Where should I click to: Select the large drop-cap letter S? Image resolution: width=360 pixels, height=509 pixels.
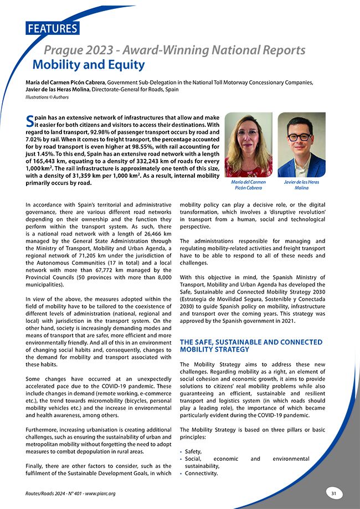pos(30,121)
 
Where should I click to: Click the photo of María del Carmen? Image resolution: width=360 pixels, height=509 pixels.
pos(248,145)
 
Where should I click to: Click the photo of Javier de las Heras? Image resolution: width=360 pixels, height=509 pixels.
pos(301,145)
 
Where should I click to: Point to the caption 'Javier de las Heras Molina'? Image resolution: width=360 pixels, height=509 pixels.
pos(301,185)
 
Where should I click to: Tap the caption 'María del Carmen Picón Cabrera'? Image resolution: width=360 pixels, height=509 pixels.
pos(248,185)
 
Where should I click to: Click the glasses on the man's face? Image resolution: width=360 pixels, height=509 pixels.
pos(300,137)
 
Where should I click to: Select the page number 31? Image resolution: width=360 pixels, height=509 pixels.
pos(334,493)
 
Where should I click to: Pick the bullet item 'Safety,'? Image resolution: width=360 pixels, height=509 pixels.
pos(194,451)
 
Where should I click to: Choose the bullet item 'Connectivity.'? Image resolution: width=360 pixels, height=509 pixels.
pos(201,473)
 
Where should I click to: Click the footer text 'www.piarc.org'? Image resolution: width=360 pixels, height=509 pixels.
pos(99,493)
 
